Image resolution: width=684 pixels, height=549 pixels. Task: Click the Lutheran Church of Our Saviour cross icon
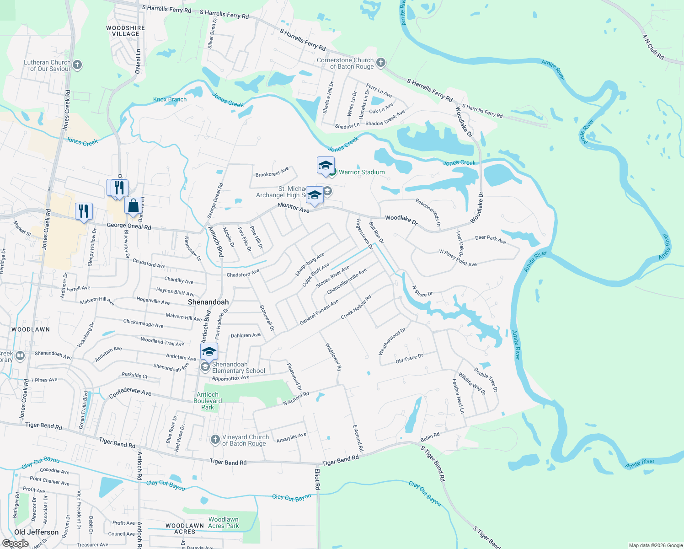coord(77,65)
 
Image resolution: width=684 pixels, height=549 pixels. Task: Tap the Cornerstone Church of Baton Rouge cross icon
coord(380,62)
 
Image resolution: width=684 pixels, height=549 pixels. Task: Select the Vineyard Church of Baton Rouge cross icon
coord(215,440)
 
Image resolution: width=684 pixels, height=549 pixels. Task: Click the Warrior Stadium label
coord(361,172)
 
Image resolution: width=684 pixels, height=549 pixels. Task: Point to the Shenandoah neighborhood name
coord(208,302)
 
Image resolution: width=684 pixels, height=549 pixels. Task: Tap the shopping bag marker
coord(133,206)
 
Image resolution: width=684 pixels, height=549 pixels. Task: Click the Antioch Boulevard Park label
coord(208,401)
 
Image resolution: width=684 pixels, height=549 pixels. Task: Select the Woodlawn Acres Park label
coord(223,522)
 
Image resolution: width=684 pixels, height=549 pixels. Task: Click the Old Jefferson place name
coord(36,532)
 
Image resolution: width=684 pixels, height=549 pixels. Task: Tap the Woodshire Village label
coord(125,31)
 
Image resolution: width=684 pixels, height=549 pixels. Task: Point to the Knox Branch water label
coord(170,99)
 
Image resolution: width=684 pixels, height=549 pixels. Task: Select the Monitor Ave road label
coord(294,208)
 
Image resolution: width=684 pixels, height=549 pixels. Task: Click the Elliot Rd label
coord(317,479)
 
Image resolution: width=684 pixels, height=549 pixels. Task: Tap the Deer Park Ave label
coord(490,239)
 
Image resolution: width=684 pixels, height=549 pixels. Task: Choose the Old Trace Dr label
coord(409,359)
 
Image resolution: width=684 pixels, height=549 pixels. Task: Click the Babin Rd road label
coord(430,437)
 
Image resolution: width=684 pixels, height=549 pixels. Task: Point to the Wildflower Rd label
coord(333,357)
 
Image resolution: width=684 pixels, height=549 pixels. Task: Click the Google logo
coord(15,543)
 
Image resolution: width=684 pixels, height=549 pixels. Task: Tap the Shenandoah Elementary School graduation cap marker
coord(209,352)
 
